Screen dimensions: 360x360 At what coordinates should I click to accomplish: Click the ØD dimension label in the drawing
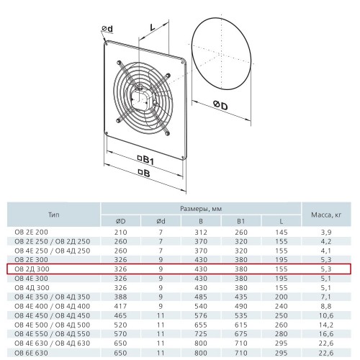tap(220, 105)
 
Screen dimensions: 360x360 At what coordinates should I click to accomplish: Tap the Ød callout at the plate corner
tap(107, 29)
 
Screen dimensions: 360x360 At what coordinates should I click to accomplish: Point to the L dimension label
tap(153, 27)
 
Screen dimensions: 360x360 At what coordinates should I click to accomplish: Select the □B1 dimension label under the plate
tap(145, 160)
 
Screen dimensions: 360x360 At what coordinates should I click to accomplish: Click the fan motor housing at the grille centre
tap(141, 97)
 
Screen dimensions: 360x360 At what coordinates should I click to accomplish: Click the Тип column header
tap(53, 215)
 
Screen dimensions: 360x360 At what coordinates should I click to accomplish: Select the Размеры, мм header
tap(201, 209)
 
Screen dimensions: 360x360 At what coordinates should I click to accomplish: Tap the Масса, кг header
tap(326, 215)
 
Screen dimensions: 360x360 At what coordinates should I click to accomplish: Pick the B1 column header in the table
tap(240, 221)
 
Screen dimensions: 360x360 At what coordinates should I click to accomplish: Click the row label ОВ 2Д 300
tap(32, 269)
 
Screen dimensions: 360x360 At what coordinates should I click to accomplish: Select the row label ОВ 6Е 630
tap(31, 353)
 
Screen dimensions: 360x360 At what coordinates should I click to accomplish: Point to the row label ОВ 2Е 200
tap(31, 232)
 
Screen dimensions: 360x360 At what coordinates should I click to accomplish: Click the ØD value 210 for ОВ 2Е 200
tap(120, 233)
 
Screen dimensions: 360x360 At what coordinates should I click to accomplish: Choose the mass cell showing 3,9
tap(326, 233)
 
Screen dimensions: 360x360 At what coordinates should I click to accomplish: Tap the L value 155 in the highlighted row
tap(282, 269)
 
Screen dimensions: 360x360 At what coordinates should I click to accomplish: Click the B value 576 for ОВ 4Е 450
tap(201, 315)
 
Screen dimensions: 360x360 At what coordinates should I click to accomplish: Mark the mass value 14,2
tap(326, 325)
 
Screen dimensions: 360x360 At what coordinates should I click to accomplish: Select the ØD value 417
tap(120, 306)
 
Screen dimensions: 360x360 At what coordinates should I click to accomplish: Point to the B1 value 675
tap(241, 334)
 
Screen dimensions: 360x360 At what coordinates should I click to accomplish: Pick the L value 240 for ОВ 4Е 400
tap(282, 306)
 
